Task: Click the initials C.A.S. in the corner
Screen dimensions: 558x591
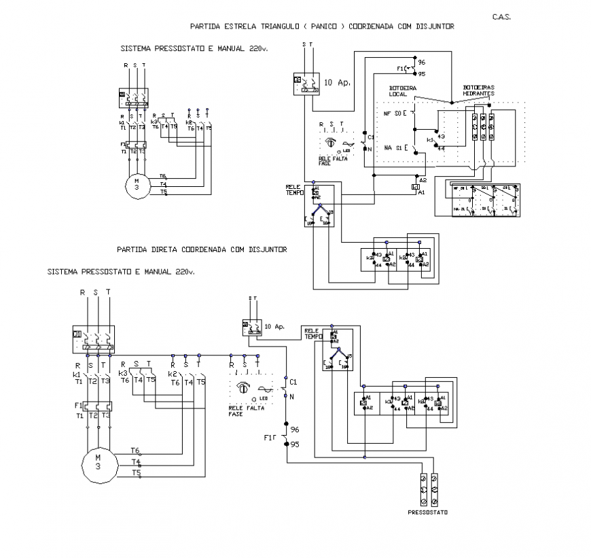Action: point(501,16)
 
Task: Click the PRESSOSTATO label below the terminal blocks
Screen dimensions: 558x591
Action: point(428,512)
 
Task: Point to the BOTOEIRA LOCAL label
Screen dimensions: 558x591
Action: point(402,91)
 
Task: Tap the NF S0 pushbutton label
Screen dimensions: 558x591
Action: point(393,113)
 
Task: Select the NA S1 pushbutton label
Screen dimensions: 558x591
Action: point(393,147)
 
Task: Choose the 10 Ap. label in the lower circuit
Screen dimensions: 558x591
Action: point(276,326)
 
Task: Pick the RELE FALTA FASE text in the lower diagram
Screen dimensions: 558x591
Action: point(246,411)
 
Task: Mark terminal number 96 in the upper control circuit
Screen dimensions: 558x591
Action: point(421,62)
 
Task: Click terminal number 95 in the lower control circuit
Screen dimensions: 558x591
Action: point(295,444)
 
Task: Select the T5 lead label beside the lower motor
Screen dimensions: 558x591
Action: point(136,472)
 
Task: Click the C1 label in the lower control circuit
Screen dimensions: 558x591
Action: point(294,383)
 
